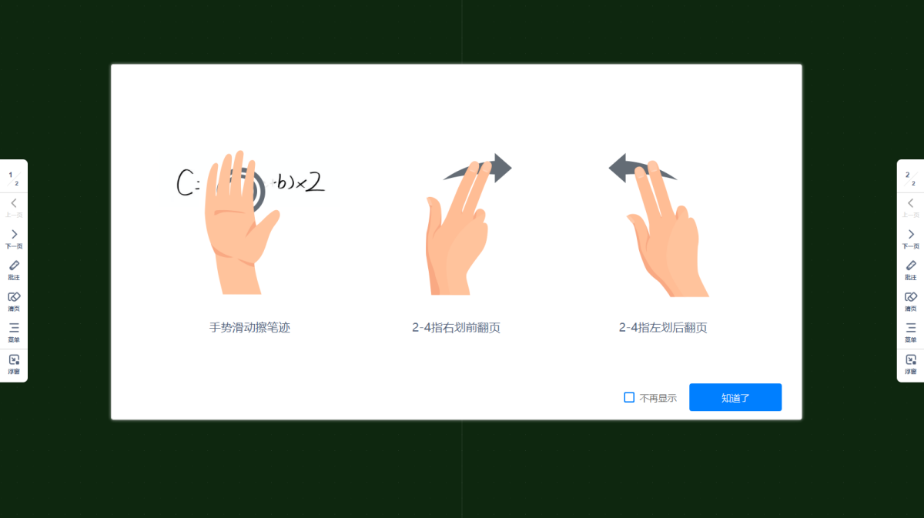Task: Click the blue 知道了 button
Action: click(735, 397)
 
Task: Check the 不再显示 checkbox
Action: click(629, 397)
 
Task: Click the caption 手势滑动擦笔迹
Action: click(249, 327)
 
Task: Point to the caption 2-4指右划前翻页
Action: click(456, 327)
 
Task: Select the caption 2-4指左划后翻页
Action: click(663, 327)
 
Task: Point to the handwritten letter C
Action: click(184, 182)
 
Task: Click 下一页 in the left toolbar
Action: click(14, 238)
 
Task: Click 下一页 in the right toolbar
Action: click(911, 238)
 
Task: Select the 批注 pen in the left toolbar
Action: click(14, 269)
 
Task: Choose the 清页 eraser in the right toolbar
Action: click(911, 300)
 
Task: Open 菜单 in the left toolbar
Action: click(14, 331)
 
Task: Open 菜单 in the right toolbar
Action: click(911, 331)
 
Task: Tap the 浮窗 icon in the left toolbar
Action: click(14, 363)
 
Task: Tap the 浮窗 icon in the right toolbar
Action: click(911, 363)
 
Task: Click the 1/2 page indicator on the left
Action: click(13, 179)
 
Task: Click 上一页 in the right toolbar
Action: click(911, 206)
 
